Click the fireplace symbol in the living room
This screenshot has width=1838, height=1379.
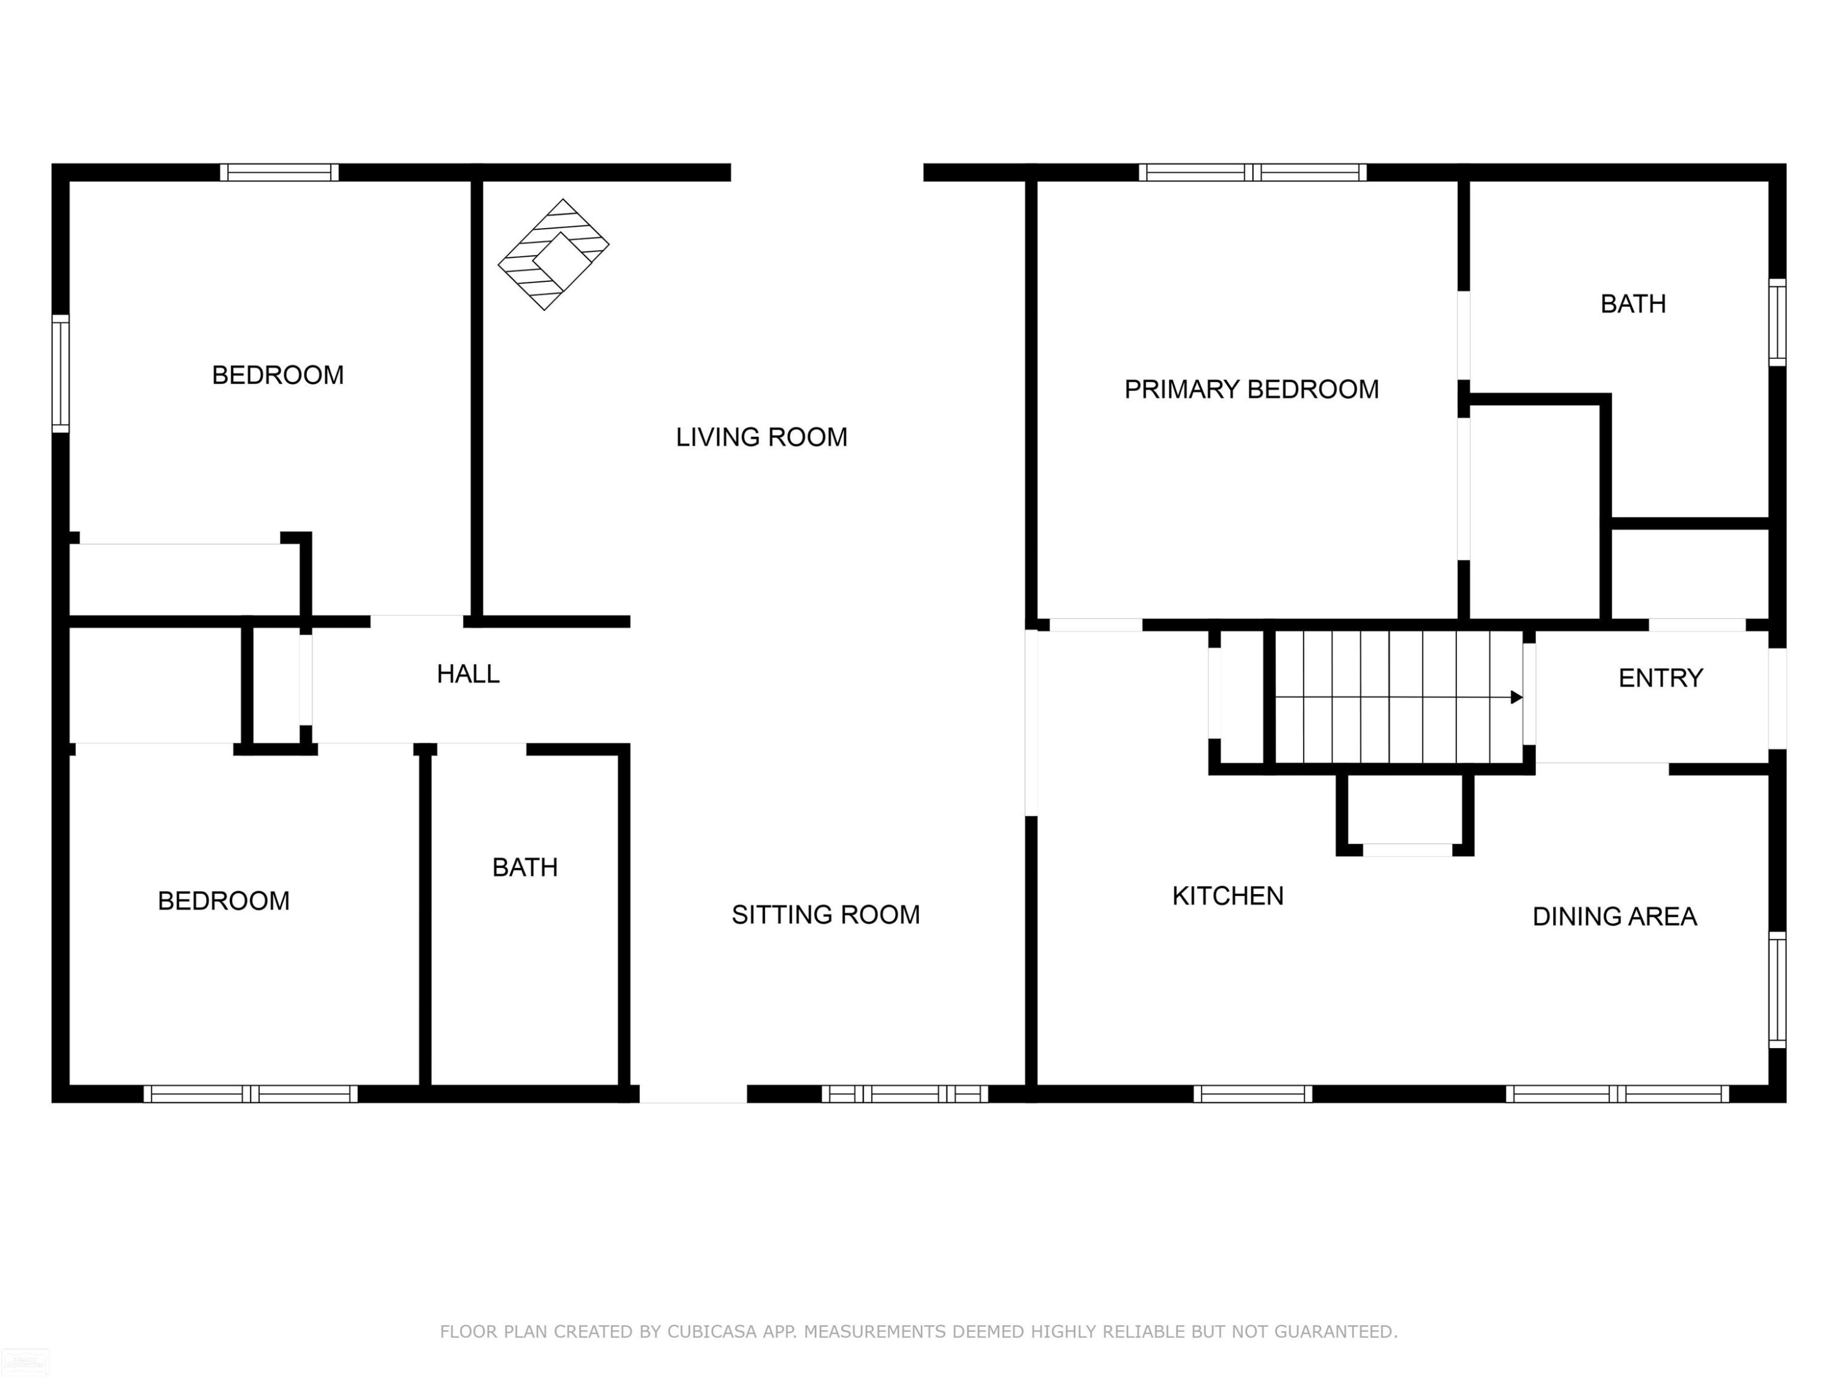tap(553, 254)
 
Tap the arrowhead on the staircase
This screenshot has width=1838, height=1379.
tap(1516, 697)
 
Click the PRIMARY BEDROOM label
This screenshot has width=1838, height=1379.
tap(1251, 389)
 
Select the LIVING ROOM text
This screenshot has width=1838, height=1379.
tap(761, 437)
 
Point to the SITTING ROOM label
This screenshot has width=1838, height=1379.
tap(825, 914)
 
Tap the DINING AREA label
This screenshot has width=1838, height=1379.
tap(1614, 916)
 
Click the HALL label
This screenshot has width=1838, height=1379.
tap(468, 674)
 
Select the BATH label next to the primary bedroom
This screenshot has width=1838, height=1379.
tap(1633, 304)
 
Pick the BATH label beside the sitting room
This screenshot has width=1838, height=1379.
tap(524, 868)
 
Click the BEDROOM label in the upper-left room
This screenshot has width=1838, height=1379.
tap(278, 375)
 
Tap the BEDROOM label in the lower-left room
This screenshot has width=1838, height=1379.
tap(224, 900)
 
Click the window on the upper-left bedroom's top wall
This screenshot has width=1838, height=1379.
tap(279, 172)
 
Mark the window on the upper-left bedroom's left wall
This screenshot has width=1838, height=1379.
tap(61, 373)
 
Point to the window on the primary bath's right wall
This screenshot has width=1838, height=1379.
tap(1777, 322)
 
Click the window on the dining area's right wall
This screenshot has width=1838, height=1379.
tap(1777, 990)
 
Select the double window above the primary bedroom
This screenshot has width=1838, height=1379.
tap(1252, 172)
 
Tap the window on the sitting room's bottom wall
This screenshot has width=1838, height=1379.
tap(905, 1094)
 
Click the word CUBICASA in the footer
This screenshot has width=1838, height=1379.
tap(712, 1332)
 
